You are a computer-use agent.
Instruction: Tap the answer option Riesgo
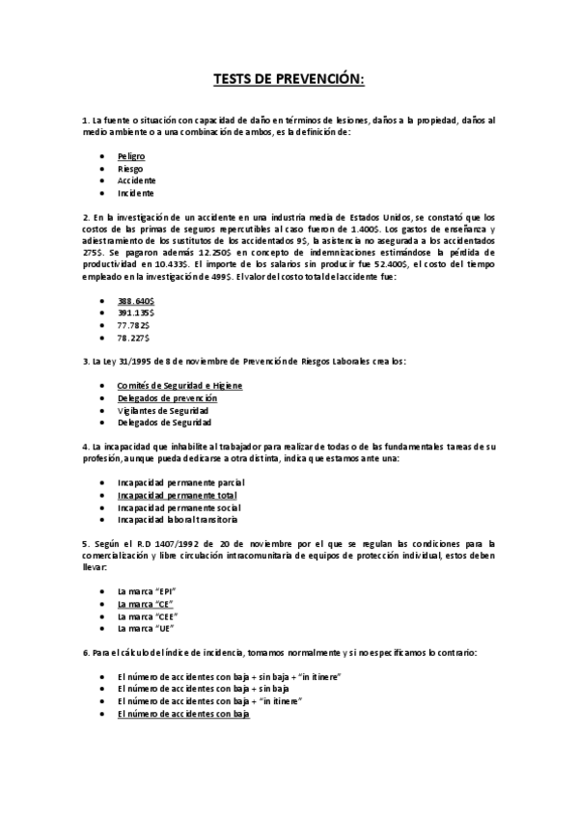coord(129,168)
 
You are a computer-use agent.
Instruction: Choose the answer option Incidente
coord(136,193)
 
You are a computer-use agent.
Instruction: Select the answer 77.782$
coord(134,326)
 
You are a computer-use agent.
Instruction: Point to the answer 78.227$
coord(134,339)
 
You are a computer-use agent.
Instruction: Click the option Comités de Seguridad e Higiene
coord(179,385)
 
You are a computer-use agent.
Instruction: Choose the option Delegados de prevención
coord(167,397)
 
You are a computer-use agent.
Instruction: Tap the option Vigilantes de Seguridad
coord(164,410)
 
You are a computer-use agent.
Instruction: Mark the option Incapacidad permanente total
coord(177,495)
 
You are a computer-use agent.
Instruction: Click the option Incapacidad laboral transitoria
coord(177,519)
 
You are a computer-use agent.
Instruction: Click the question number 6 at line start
coord(86,653)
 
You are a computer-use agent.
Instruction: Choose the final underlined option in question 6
coord(183,714)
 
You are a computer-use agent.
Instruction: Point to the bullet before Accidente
coord(103,180)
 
